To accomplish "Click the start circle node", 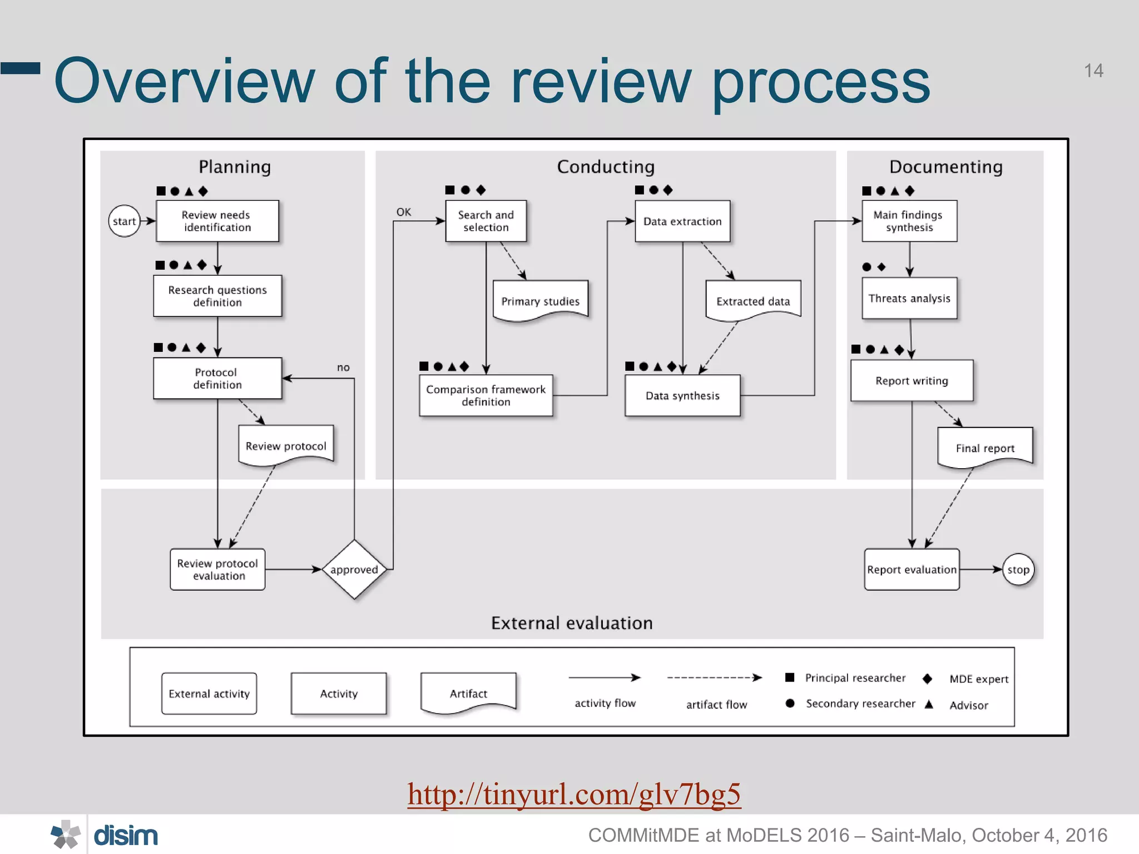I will pyautogui.click(x=124, y=221).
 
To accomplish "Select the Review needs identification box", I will pyautogui.click(x=217, y=221).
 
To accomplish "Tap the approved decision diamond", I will pyautogui.click(x=354, y=569).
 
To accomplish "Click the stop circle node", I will pyautogui.click(x=1018, y=569).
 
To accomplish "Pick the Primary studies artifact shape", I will pyautogui.click(x=540, y=301).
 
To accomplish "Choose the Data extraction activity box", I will pyautogui.click(x=682, y=221).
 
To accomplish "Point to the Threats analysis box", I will pyautogui.click(x=909, y=299).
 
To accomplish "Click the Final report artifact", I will pyautogui.click(x=985, y=448).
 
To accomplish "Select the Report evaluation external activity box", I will pyautogui.click(x=912, y=569).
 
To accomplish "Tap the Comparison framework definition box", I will pyautogui.click(x=486, y=395).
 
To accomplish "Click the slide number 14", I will pyautogui.click(x=1093, y=71).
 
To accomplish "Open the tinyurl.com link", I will pyautogui.click(x=573, y=794).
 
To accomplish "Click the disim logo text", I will pyautogui.click(x=126, y=835).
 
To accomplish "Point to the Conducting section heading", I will pyautogui.click(x=606, y=167).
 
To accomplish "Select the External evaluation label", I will pyautogui.click(x=572, y=623).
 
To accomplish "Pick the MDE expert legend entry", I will pyautogui.click(x=978, y=679).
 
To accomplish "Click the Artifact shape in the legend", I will pyautogui.click(x=468, y=693).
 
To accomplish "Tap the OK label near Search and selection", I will pyautogui.click(x=404, y=212).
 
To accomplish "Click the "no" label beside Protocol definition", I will pyautogui.click(x=343, y=368).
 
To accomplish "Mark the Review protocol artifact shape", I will pyautogui.click(x=286, y=445).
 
